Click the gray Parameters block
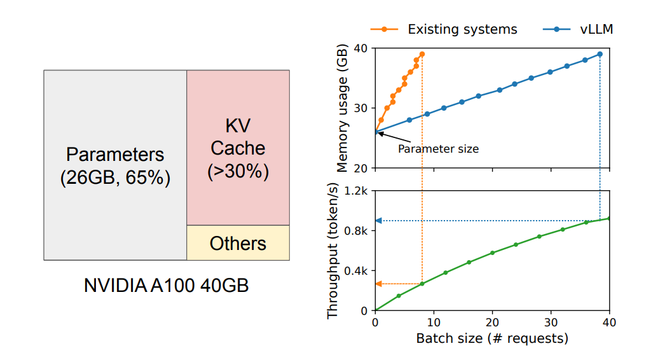pyautogui.click(x=115, y=165)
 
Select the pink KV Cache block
pyautogui.click(x=238, y=147)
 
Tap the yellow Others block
pyautogui.click(x=238, y=243)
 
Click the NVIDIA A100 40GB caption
pyautogui.click(x=166, y=286)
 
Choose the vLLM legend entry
pyautogui.click(x=578, y=29)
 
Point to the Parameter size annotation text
pyautogui.click(x=438, y=149)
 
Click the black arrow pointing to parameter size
pyautogui.click(x=390, y=138)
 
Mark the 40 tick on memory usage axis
pyautogui.click(x=362, y=48)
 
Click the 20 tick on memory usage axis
pyautogui.click(x=362, y=168)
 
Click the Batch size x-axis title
pyautogui.click(x=492, y=338)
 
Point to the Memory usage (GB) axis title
pyautogui.click(x=343, y=108)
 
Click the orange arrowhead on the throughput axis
pyautogui.click(x=378, y=284)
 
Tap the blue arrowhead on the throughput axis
pyautogui.click(x=378, y=221)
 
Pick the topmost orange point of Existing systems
pyautogui.click(x=422, y=54)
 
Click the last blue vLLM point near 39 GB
pyautogui.click(x=600, y=54)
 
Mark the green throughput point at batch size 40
pyautogui.click(x=610, y=218)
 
